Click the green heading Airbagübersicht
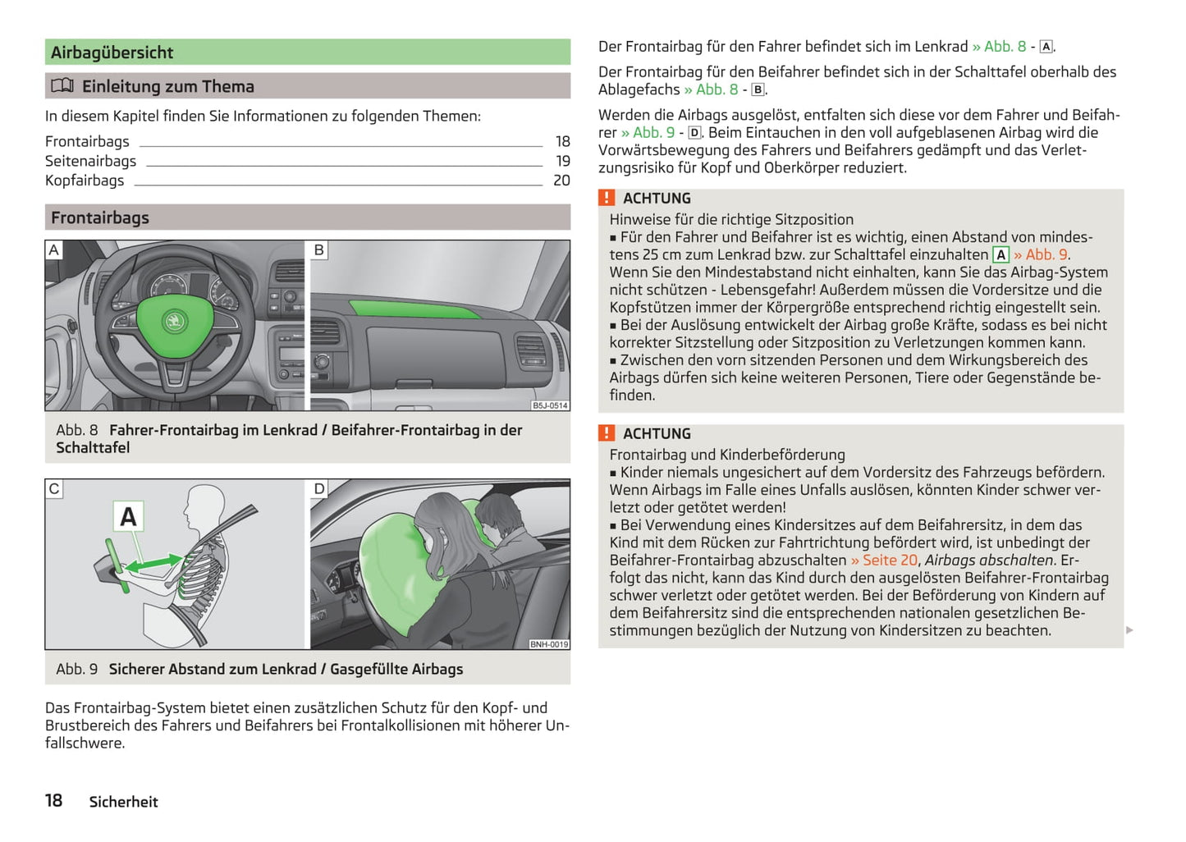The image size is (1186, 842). pyautogui.click(x=112, y=53)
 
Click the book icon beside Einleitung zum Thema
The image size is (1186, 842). pyautogui.click(x=62, y=86)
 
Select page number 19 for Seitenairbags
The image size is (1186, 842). pyautogui.click(x=562, y=161)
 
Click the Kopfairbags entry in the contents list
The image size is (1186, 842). pyautogui.click(x=85, y=181)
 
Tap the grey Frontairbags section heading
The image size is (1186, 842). pyautogui.click(x=100, y=217)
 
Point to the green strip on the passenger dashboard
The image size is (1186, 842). pyautogui.click(x=414, y=309)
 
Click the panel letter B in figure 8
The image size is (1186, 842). pyautogui.click(x=319, y=249)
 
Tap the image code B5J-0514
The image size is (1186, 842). pyautogui.click(x=549, y=405)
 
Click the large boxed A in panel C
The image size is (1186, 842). pyautogui.click(x=128, y=517)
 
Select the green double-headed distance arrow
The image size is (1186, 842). pyautogui.click(x=153, y=564)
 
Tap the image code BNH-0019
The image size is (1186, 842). pyautogui.click(x=548, y=644)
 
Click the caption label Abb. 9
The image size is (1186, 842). pyautogui.click(x=76, y=670)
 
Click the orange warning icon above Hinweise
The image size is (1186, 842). pyautogui.click(x=607, y=198)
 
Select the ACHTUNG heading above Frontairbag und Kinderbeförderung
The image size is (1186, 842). pyautogui.click(x=657, y=434)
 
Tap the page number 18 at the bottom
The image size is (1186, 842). pyautogui.click(x=54, y=801)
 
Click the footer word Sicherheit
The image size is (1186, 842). pyautogui.click(x=123, y=802)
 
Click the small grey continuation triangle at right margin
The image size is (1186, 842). pyautogui.click(x=1129, y=630)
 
